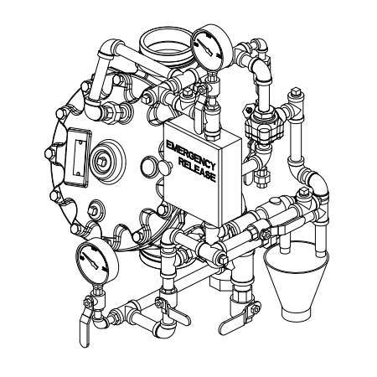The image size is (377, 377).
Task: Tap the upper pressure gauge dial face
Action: pos(209,49)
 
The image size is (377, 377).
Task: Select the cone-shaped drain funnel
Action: pos(296,279)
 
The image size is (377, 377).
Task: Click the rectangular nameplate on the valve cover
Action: pos(78,158)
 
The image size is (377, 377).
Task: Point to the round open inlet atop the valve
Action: pos(165,44)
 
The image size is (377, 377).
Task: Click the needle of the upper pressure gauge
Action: pos(206,48)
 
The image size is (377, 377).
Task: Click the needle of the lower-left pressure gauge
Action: pos(91,261)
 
